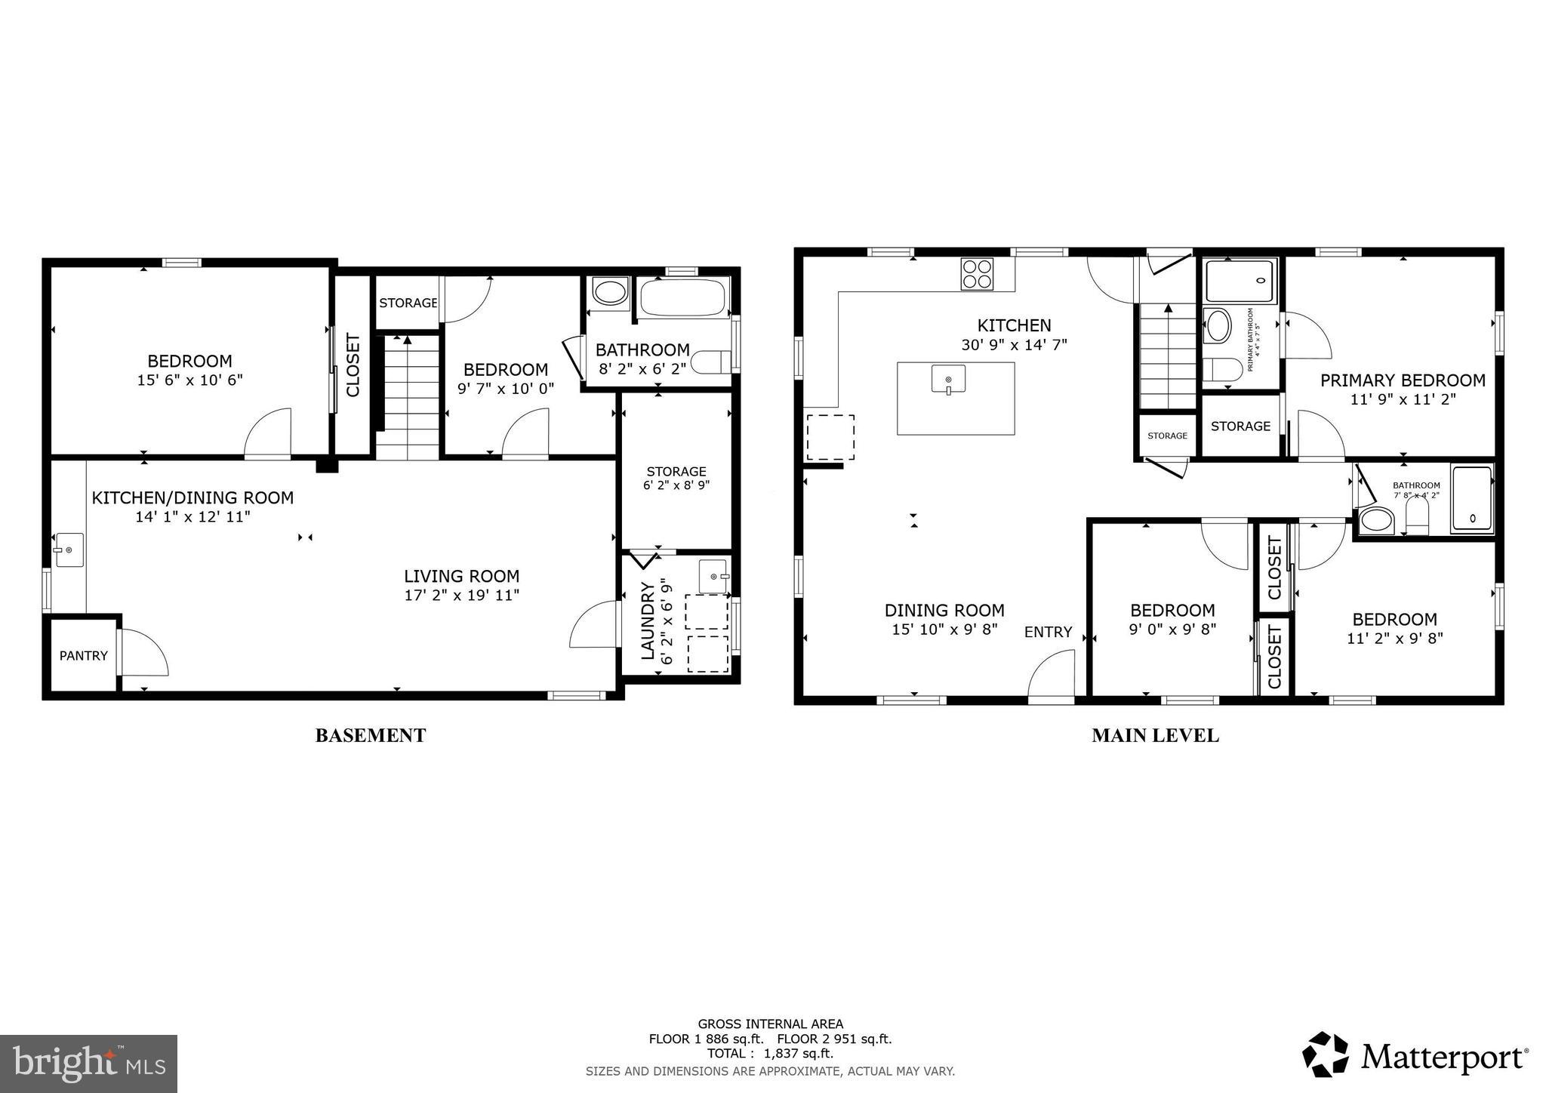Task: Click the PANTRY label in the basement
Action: tap(83, 655)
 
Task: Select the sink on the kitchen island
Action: tap(948, 379)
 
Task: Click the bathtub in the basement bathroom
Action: tap(684, 297)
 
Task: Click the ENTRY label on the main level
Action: tap(1048, 632)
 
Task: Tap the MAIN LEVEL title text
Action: tap(1154, 735)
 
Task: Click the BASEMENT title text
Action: tap(370, 735)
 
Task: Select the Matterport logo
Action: tap(1415, 1055)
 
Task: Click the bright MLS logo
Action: tap(88, 1064)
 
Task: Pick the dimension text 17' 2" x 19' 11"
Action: tap(461, 595)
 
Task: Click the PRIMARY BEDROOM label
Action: tap(1402, 380)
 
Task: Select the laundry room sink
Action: tap(713, 577)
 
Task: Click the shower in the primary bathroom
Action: tap(1241, 280)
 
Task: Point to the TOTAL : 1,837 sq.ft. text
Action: tap(770, 1053)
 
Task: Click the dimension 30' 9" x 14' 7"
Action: tap(1013, 345)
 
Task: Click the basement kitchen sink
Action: tap(69, 550)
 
